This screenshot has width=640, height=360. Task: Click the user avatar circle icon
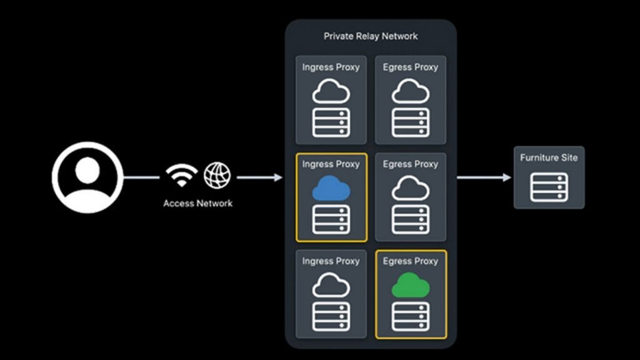pos(87,177)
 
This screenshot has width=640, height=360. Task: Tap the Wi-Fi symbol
pos(182,176)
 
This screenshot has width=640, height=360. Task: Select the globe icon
pos(217,176)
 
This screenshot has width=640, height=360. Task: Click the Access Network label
pos(197,203)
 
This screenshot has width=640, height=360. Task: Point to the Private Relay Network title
pos(371,36)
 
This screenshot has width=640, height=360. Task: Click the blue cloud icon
pos(331,188)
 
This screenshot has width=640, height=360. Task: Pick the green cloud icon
pos(411,286)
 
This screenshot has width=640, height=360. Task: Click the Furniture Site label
pos(549,157)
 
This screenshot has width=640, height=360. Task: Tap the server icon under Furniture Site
pos(549,187)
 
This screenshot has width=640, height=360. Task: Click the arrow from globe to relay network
pos(259,178)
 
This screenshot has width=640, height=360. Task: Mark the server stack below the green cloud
pos(411,316)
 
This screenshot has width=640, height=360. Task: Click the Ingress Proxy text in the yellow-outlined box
pos(331,164)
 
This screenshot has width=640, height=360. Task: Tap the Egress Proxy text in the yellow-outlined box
pos(411,261)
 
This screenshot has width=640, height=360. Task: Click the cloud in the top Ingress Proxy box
pos(331,92)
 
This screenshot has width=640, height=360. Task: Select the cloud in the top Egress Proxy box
pos(411,92)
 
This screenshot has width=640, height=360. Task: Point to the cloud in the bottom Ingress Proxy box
pos(331,286)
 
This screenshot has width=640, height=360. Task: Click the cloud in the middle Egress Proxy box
pos(411,188)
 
